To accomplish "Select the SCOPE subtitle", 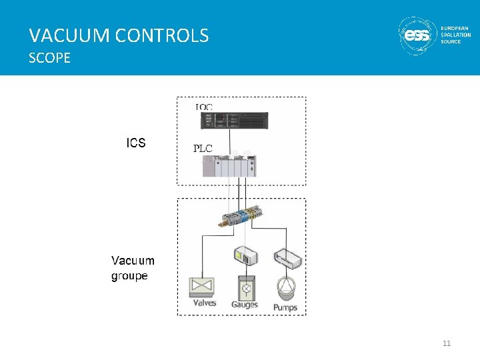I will [x=49, y=59].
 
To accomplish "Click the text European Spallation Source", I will [x=455, y=35].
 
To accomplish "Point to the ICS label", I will [x=136, y=143].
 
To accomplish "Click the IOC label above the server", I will [x=204, y=107].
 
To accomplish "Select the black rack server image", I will [x=235, y=121].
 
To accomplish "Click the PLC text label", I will [x=203, y=149].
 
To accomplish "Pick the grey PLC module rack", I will [x=230, y=166].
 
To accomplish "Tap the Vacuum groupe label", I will [x=132, y=268].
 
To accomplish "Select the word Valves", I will [x=205, y=303].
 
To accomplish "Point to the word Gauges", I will [x=245, y=305].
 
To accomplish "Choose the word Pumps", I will [x=285, y=307].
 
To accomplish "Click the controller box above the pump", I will [x=288, y=259].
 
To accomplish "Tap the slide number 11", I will [x=447, y=343].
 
